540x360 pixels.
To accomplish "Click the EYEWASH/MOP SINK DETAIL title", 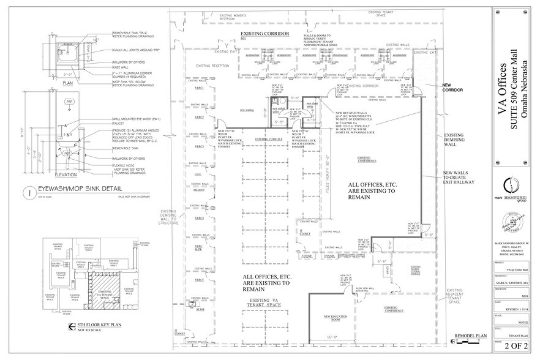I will coord(80,190).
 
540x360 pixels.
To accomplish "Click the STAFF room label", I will coord(199,312).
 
